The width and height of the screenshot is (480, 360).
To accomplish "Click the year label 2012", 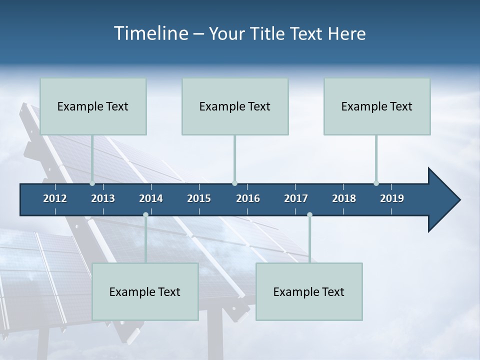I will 55,198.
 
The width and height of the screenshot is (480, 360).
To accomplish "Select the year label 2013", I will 103,198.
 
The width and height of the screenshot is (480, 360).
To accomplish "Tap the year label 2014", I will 151,198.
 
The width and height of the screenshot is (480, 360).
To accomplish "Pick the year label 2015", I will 199,198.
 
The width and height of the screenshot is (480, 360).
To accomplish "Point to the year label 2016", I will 248,198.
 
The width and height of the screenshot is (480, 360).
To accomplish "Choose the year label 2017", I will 296,198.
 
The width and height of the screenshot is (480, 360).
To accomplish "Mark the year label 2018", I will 344,198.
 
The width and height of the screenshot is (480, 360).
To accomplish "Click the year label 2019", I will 392,198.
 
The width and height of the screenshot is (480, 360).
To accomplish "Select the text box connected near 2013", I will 93,106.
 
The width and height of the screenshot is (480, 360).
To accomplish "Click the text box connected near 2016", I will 235,106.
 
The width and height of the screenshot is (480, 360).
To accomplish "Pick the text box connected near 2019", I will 377,106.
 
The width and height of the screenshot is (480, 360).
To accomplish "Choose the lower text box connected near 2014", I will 145,292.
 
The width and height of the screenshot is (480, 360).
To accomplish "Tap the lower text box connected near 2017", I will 309,292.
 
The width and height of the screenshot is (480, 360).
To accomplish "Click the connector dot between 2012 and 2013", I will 92,183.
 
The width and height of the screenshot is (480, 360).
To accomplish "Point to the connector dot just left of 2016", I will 234,183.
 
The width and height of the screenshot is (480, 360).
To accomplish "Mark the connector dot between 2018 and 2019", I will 376,183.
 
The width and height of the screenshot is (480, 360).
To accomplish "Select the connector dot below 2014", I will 145,214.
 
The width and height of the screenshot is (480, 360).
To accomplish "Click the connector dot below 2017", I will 309,214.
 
